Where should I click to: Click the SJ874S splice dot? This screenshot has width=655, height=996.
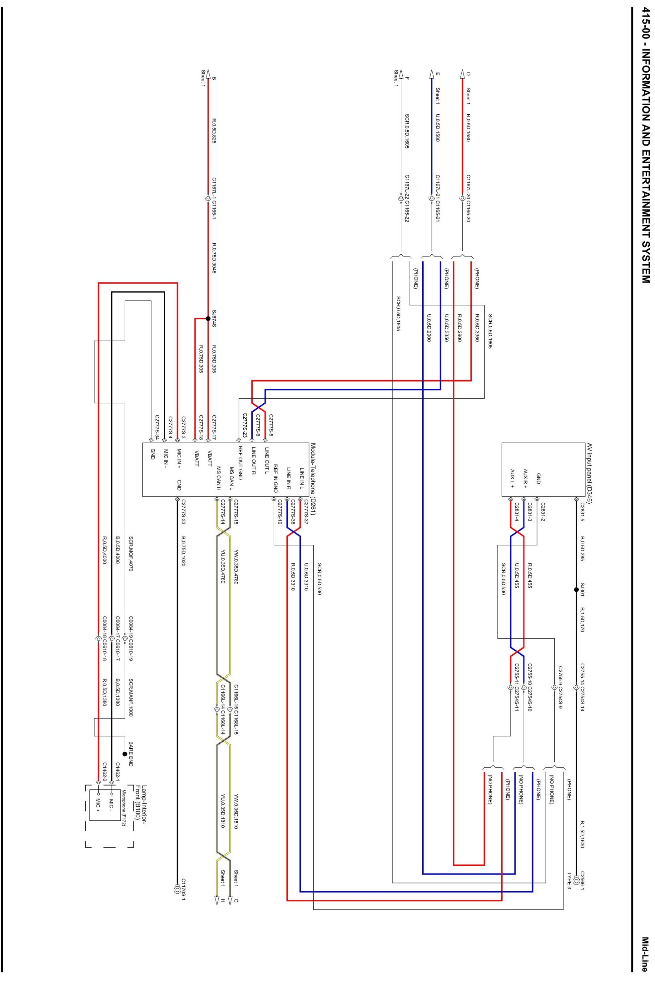click(x=208, y=318)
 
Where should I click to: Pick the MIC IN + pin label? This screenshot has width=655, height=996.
click(x=179, y=459)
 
